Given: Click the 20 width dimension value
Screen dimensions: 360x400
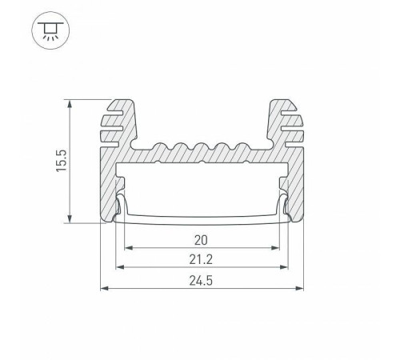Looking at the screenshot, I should [202, 239].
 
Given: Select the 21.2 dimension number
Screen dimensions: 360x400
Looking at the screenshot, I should [202, 260].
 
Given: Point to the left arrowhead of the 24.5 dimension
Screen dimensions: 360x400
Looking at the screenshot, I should [103, 287].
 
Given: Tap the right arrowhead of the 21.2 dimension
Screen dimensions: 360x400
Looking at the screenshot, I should [285, 267].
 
